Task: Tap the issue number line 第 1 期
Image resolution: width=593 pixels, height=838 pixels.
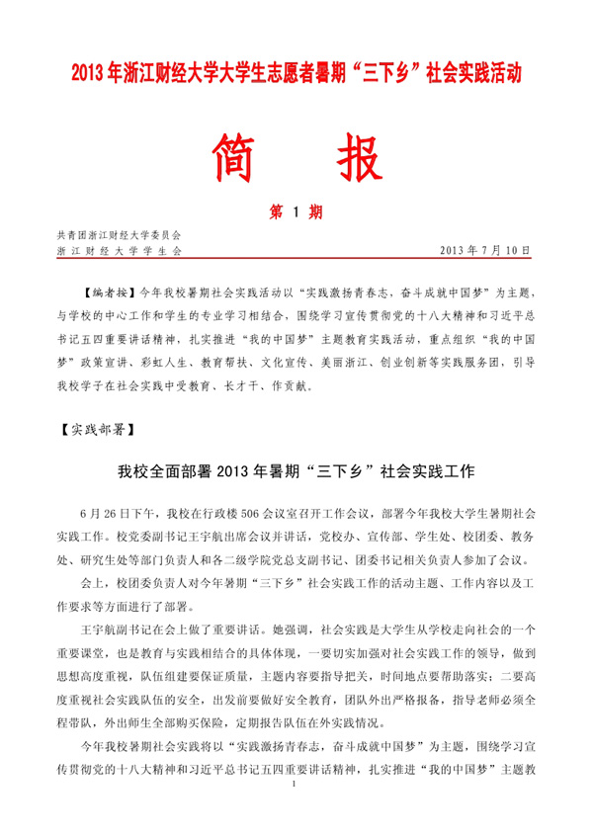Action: pyautogui.click(x=296, y=211)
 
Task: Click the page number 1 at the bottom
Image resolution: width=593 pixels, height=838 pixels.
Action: pyautogui.click(x=296, y=809)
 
